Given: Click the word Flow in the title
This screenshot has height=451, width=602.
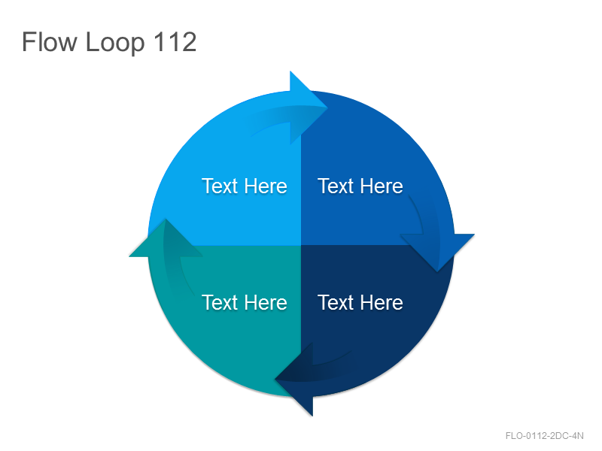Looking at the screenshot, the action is pyautogui.click(x=50, y=41).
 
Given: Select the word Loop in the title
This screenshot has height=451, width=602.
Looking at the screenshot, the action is pyautogui.click(x=115, y=44).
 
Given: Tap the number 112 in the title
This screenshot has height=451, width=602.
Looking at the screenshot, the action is pyautogui.click(x=175, y=41).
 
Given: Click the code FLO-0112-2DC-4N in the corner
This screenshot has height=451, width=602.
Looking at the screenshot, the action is pyautogui.click(x=544, y=436).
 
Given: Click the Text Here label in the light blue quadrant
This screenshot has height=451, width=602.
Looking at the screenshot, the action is pyautogui.click(x=245, y=186).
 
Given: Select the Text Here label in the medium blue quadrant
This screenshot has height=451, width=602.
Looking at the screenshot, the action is pyautogui.click(x=360, y=186).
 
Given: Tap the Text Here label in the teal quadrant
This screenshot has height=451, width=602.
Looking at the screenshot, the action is pyautogui.click(x=245, y=303).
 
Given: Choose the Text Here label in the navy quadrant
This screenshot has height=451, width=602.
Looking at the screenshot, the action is pyautogui.click(x=360, y=303).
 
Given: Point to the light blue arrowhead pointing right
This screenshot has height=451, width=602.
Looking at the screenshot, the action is pyautogui.click(x=306, y=107).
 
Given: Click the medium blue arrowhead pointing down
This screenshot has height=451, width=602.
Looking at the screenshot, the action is pyautogui.click(x=437, y=250).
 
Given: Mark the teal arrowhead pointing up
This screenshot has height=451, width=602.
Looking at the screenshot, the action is pyautogui.click(x=166, y=241).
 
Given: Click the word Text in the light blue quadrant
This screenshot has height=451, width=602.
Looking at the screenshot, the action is pyautogui.click(x=220, y=186).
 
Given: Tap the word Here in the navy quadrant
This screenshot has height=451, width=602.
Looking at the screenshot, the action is pyautogui.click(x=382, y=303).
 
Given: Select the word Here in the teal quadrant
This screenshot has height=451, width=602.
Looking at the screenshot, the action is pyautogui.click(x=266, y=303).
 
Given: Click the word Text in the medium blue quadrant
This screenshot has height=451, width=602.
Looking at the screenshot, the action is pyautogui.click(x=336, y=186).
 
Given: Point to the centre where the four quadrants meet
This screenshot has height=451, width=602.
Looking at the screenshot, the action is pyautogui.click(x=301, y=245).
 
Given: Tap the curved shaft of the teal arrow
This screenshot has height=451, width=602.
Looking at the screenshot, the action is pyautogui.click(x=174, y=276).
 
